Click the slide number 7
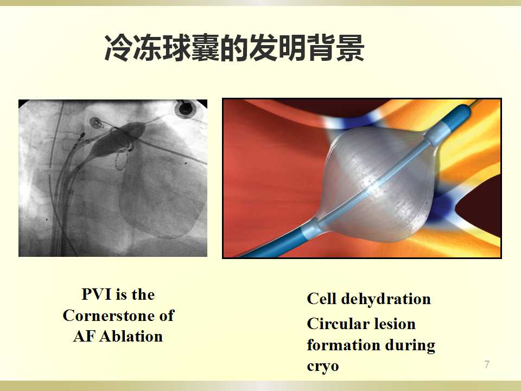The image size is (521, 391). (487, 364)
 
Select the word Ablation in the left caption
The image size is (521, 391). (131, 336)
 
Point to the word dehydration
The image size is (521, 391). (386, 299)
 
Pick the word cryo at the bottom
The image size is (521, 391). (322, 367)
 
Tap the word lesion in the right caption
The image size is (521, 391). (395, 324)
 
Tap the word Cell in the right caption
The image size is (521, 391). (321, 299)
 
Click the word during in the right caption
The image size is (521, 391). (410, 345)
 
